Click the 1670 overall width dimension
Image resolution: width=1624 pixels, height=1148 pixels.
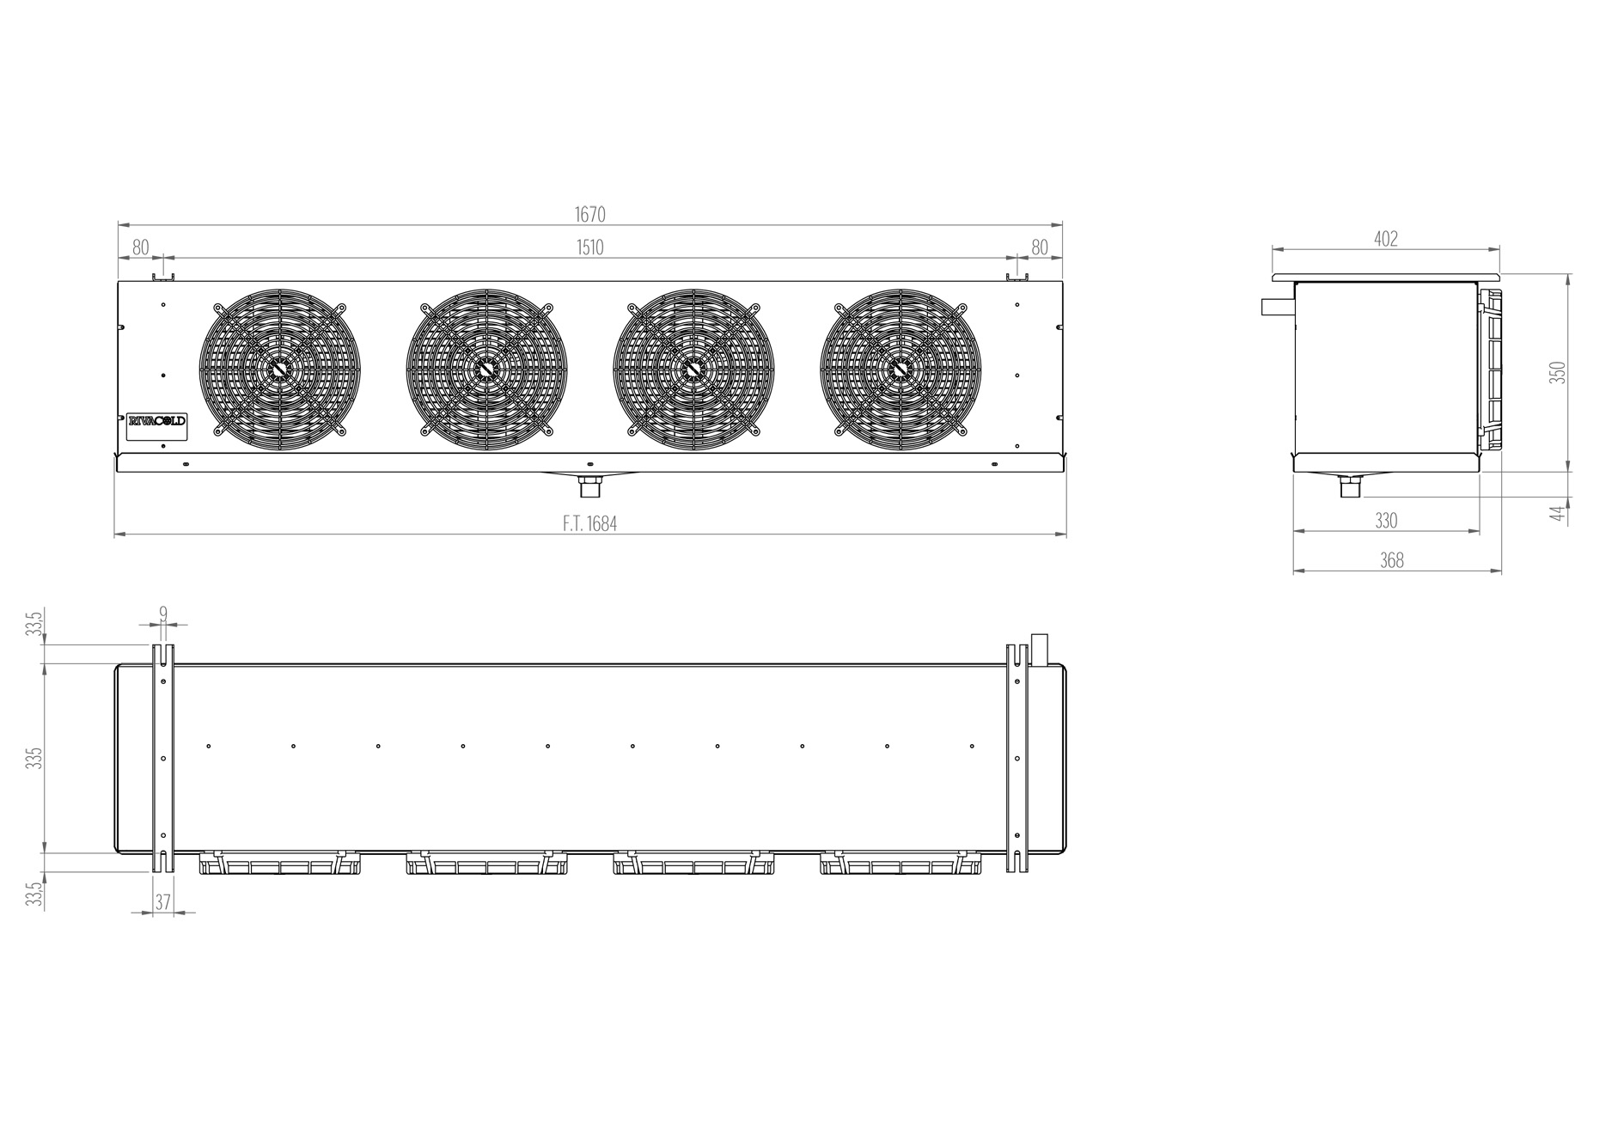click(589, 214)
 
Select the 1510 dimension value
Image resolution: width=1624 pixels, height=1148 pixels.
click(589, 247)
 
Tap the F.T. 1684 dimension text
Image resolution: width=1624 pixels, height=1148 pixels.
click(590, 523)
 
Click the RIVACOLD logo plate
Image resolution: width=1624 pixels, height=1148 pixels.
click(156, 421)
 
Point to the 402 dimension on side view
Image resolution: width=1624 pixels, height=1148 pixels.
click(1386, 239)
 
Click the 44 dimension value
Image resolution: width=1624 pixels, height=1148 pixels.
click(1555, 513)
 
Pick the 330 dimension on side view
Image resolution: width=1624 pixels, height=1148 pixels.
click(1386, 521)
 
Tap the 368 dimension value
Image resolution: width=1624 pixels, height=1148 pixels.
click(1392, 560)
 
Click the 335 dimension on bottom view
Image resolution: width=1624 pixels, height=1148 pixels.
click(34, 758)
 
